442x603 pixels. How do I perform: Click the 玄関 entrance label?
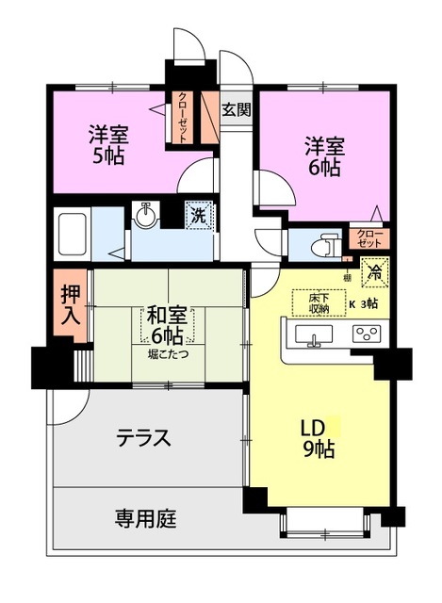(237, 109)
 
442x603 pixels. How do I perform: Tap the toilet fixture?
(325, 245)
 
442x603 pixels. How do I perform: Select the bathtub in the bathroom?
(72, 235)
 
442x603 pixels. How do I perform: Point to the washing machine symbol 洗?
(199, 216)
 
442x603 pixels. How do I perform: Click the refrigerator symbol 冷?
(374, 272)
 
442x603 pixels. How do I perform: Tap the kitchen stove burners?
(367, 334)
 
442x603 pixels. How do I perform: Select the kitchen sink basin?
(314, 334)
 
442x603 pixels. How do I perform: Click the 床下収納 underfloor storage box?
(319, 302)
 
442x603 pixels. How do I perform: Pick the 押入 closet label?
(72, 305)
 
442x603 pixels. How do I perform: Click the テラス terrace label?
(144, 438)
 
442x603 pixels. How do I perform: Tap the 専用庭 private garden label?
(145, 518)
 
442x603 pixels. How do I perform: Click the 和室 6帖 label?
(167, 325)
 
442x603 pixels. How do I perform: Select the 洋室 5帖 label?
(108, 144)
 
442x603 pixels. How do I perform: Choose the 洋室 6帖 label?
(325, 156)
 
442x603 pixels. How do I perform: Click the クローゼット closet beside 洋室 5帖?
(182, 118)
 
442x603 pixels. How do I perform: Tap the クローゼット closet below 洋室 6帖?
(369, 238)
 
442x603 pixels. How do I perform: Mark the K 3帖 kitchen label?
(364, 303)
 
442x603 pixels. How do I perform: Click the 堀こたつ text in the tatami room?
(168, 354)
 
